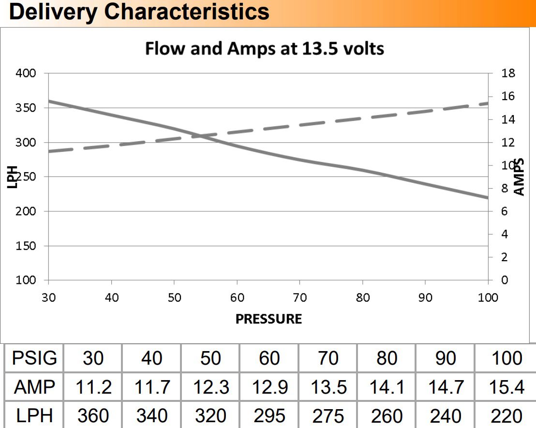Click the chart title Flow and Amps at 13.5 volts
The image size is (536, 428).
[x=265, y=48]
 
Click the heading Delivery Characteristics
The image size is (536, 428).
[x=139, y=11]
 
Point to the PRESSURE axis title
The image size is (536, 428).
[x=268, y=319]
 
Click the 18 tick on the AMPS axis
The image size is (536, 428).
[x=509, y=74]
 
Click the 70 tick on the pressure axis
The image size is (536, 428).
[x=300, y=298]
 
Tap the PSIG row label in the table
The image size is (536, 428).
[x=34, y=358]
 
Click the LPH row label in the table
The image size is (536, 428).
[x=34, y=415]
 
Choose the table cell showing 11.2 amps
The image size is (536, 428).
[x=94, y=387]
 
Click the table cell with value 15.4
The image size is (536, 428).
[x=506, y=387]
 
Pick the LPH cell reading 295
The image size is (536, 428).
[x=269, y=415]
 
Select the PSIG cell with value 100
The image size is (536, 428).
[x=506, y=358]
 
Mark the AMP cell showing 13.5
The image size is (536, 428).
[x=328, y=387]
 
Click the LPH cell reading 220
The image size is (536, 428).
[x=506, y=415]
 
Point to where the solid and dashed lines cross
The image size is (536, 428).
[x=201, y=136]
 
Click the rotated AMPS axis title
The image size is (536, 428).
[x=519, y=177]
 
